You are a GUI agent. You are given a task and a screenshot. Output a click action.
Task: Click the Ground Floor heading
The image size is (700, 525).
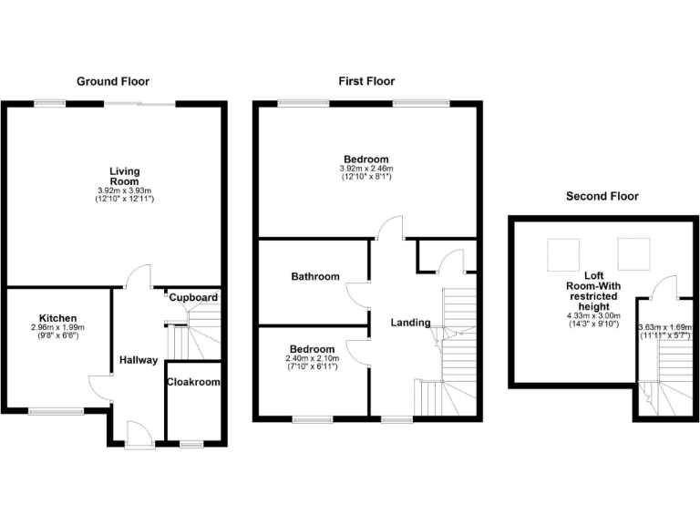pos(112,82)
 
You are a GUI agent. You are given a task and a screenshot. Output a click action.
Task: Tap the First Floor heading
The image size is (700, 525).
pos(366,82)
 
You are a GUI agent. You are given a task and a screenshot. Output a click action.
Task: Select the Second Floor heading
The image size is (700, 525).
pos(602,196)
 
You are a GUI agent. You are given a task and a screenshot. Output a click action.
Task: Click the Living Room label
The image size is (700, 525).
pos(124,176)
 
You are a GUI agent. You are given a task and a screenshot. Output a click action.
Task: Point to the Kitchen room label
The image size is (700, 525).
pos(57,318)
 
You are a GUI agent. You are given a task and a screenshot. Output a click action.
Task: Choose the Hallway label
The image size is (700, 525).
pos(139,360)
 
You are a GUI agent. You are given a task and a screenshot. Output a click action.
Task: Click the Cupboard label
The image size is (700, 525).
pos(193,298)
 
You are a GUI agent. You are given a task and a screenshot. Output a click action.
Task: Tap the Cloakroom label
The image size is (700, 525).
pos(193,383)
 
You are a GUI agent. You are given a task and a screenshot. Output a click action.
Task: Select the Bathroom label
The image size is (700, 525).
pos(315,277)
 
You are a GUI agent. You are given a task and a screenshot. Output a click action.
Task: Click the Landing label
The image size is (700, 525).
pos(410,323)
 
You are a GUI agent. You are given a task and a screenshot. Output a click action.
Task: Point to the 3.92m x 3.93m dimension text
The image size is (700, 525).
pos(124,190)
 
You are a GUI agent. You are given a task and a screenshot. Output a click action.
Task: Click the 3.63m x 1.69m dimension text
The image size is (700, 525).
pos(665,328)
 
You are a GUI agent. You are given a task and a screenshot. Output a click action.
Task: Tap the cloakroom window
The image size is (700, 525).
pos(191,444)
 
